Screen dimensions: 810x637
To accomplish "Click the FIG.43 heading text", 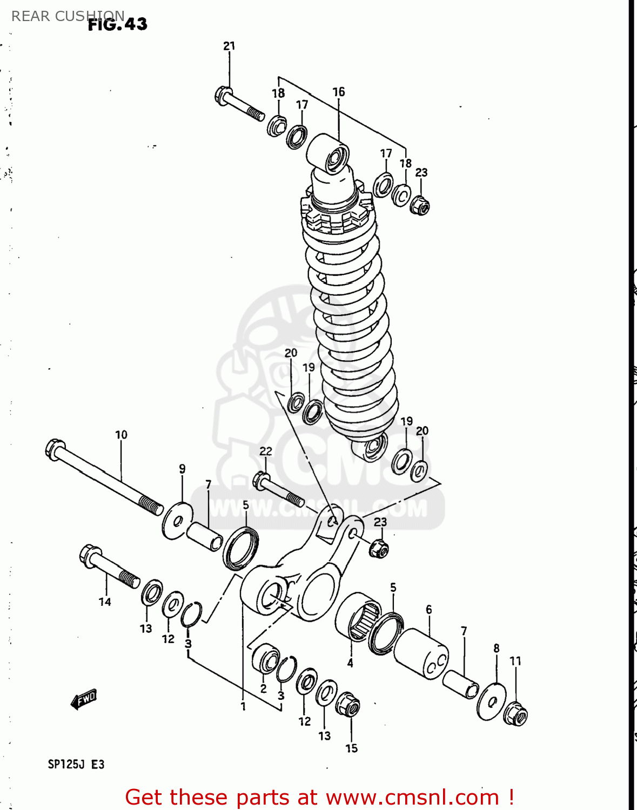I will pyautogui.click(x=117, y=24).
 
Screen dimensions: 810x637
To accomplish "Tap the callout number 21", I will pyautogui.click(x=229, y=46).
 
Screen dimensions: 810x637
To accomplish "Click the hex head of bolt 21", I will pyautogui.click(x=223, y=96).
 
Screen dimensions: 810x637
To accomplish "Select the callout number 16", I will pyautogui.click(x=338, y=92).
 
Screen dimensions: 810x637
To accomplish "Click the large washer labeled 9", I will pyautogui.click(x=177, y=520).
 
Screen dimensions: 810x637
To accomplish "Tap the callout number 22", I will pyautogui.click(x=265, y=451).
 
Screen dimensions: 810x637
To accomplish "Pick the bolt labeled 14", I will pyautogui.click(x=108, y=567).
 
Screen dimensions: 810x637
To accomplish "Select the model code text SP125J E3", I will pyautogui.click(x=76, y=764).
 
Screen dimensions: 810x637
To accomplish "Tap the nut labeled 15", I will pyautogui.click(x=347, y=705).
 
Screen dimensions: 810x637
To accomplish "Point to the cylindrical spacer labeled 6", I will pyautogui.click(x=421, y=654).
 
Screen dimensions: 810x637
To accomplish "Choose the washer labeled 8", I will pyautogui.click(x=492, y=701).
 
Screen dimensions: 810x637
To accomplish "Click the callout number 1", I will pyautogui.click(x=243, y=706).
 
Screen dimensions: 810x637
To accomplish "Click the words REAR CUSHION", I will pyautogui.click(x=68, y=16).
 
